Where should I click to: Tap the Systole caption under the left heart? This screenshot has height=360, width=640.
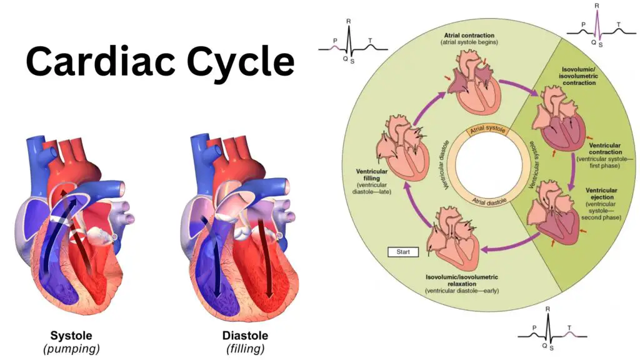(x=71, y=336)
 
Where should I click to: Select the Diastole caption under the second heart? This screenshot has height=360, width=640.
(x=245, y=336)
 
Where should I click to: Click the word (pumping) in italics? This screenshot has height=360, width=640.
(x=71, y=349)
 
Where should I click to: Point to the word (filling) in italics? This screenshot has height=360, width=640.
(x=245, y=349)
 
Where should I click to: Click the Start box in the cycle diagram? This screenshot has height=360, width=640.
(x=403, y=252)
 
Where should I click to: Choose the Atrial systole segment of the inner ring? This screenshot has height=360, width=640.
(x=487, y=130)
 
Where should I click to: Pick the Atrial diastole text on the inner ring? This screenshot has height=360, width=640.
(x=489, y=201)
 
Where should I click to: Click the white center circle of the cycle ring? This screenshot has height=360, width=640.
(x=489, y=166)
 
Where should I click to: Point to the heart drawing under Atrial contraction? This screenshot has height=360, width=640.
(x=474, y=82)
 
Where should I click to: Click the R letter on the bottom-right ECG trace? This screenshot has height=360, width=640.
(x=547, y=309)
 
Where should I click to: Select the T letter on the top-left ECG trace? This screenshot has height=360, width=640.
(x=370, y=41)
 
